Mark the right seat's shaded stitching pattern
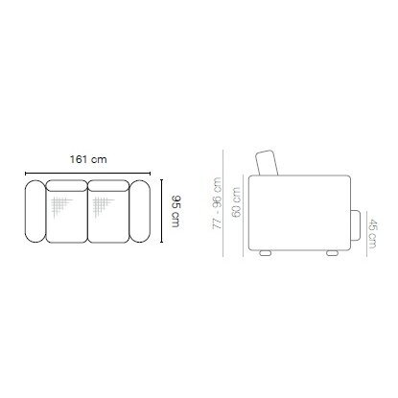[x=100, y=206]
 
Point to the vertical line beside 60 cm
[x=244, y=210]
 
